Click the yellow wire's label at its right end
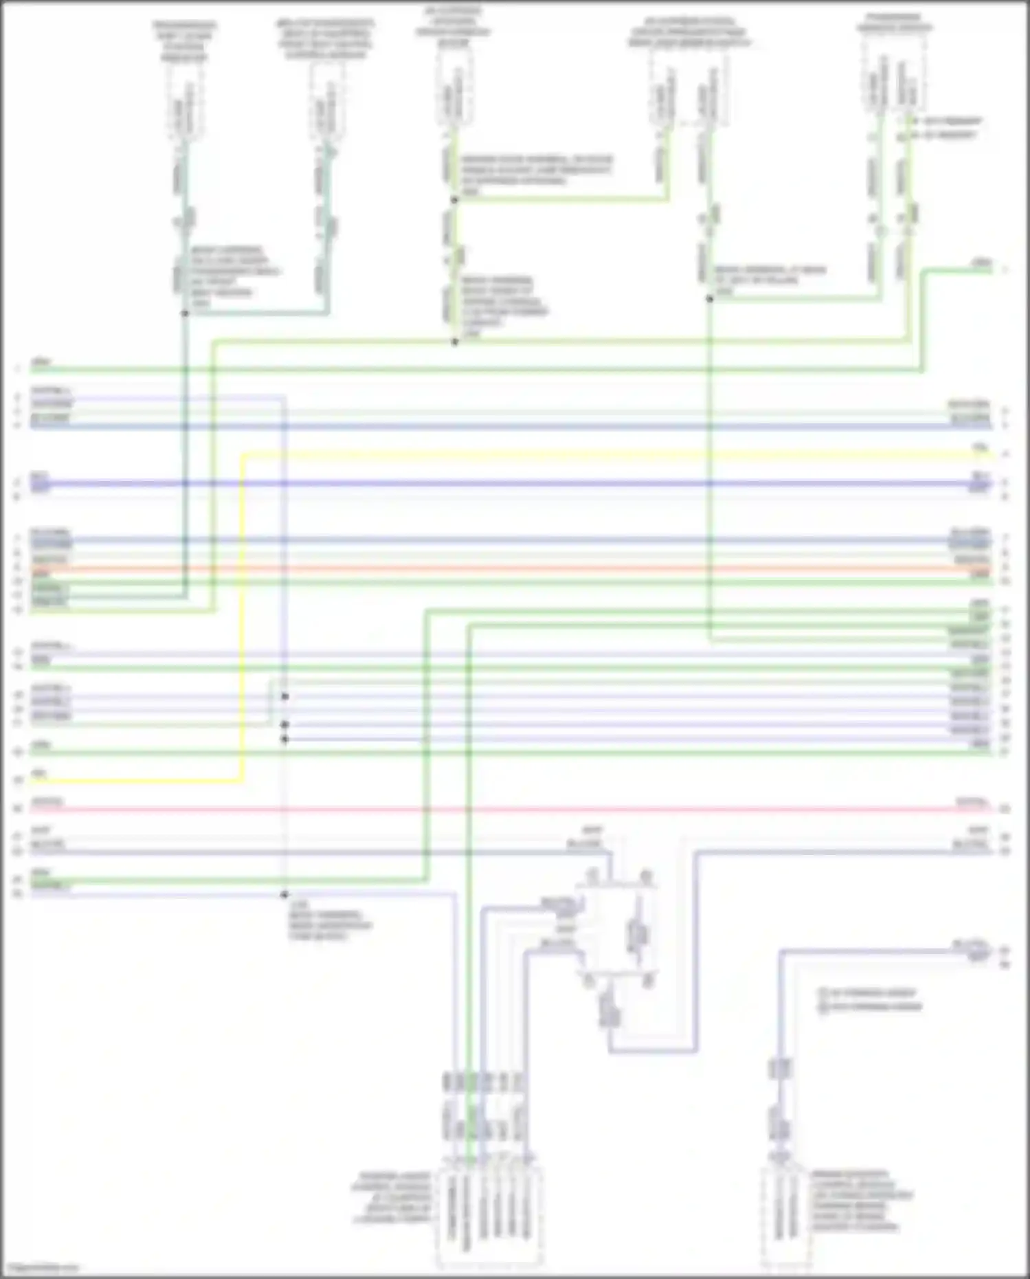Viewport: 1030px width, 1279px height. [x=981, y=447]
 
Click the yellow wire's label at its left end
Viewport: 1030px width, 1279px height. [x=40, y=774]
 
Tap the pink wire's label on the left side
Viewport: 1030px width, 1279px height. [x=47, y=802]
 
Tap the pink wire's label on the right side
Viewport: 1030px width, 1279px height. [x=972, y=802]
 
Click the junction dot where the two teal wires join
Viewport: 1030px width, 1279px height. [x=185, y=313]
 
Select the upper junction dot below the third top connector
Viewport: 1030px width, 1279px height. [x=454, y=200]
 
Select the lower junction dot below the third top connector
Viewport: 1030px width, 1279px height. [x=454, y=342]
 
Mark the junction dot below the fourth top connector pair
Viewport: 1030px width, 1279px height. [x=710, y=299]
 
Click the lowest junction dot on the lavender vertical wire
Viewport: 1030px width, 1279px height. [x=284, y=895]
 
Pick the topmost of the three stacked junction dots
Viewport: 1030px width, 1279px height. [x=284, y=697]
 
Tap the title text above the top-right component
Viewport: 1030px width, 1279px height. [x=893, y=23]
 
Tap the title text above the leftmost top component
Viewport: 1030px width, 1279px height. [x=184, y=41]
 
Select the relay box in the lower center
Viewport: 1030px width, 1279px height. [x=616, y=928]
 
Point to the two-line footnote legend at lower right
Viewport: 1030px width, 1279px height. [x=869, y=1000]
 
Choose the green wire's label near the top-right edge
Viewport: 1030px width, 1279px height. [x=982, y=263]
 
